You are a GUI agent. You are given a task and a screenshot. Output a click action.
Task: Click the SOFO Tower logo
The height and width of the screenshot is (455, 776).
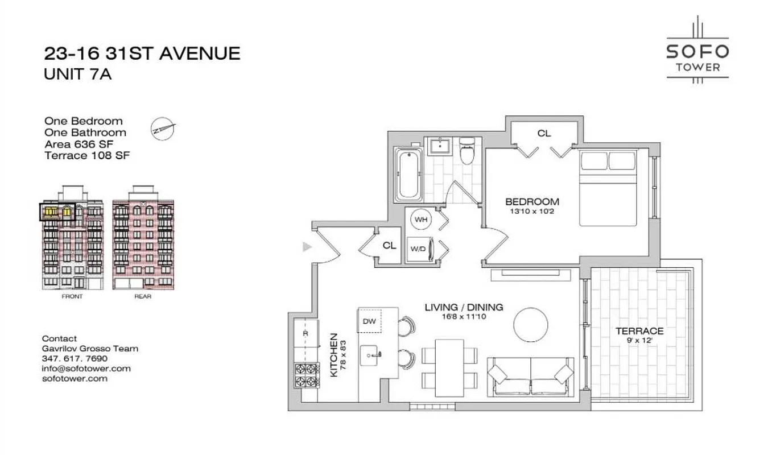[x=697, y=52]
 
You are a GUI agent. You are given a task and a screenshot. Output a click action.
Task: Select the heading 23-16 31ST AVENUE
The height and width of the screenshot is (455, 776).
[x=142, y=53]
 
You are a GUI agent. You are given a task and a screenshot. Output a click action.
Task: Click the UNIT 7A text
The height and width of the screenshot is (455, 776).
[x=77, y=74]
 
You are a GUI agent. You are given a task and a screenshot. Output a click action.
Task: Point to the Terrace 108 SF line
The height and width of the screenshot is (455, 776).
[x=87, y=155]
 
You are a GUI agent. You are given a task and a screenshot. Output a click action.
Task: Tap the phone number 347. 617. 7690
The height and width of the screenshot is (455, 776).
[x=75, y=358]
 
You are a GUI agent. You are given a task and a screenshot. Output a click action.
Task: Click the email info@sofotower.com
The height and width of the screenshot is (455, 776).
[x=86, y=368]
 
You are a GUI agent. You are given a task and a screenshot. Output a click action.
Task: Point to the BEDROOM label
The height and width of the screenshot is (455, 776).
[x=532, y=201]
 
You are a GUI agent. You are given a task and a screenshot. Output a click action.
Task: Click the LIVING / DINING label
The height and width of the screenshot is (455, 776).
[x=464, y=307]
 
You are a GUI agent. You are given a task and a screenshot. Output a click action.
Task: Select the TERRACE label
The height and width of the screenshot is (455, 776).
[x=639, y=331]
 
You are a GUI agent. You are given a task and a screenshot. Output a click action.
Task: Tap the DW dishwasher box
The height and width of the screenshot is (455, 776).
[x=369, y=321]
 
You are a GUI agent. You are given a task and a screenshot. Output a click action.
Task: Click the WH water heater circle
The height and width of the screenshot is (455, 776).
[x=420, y=220]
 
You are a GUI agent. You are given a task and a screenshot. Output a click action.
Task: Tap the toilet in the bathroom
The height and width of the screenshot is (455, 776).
[x=467, y=150]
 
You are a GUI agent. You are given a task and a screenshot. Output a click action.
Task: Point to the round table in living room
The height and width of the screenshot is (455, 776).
[x=531, y=325]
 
